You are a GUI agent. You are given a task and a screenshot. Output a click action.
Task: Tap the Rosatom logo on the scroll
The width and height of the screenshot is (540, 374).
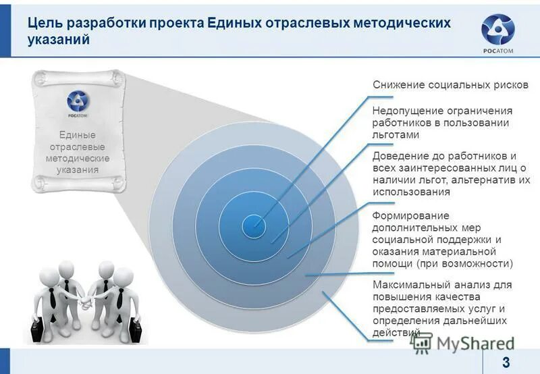click(x=77, y=103)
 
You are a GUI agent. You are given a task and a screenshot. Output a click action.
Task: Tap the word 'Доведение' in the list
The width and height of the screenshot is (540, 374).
click(x=398, y=156)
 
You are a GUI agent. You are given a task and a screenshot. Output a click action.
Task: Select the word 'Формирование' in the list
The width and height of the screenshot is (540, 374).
click(x=401, y=215)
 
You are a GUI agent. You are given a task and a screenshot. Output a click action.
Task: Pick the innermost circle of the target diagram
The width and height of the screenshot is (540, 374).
click(x=254, y=223)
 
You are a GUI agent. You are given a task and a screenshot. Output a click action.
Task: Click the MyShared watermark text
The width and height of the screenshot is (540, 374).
click(x=474, y=342)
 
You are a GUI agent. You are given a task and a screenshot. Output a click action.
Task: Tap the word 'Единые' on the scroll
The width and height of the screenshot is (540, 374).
click(x=78, y=135)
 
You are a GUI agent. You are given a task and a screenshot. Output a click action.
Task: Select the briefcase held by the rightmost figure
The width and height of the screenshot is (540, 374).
click(x=136, y=330)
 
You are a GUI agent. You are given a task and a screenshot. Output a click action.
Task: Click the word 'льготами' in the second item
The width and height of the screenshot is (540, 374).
click(x=391, y=134)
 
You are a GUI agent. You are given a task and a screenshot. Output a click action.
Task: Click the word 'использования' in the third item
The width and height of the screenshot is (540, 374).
click(x=411, y=192)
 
